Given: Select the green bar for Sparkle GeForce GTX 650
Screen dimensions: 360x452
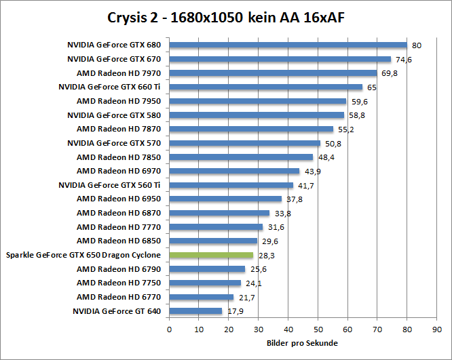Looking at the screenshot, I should tap(211, 255).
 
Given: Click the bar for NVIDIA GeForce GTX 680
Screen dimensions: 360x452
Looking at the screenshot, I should tap(288, 45).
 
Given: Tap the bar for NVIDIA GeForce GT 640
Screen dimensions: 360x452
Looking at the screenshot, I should tap(195, 311).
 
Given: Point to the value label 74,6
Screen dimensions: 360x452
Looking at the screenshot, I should tap(405, 60).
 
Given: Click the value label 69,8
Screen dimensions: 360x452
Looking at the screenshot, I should tap(390, 73).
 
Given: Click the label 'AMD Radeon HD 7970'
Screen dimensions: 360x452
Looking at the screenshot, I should tap(119, 73).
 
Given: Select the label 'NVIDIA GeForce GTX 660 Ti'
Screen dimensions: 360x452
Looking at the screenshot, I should tap(110, 87).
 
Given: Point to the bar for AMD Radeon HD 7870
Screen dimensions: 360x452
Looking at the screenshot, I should tap(251, 129).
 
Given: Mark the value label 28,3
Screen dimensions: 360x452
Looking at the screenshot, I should tap(267, 256).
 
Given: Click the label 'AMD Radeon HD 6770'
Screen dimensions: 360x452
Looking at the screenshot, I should tap(119, 297).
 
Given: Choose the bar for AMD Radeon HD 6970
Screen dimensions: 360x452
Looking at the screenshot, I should tap(234, 171).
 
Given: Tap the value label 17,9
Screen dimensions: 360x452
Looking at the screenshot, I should tap(235, 312).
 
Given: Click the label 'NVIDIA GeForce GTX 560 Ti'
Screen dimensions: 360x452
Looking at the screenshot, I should tap(110, 185).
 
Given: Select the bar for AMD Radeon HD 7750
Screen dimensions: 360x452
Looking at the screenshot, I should tap(205, 283).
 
